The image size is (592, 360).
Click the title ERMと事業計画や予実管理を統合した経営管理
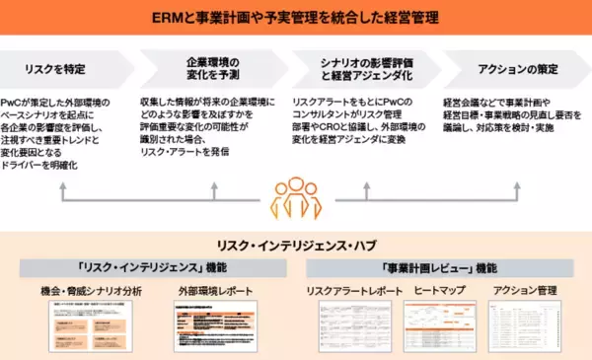click(x=296, y=17)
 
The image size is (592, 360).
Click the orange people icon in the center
click(x=295, y=198)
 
